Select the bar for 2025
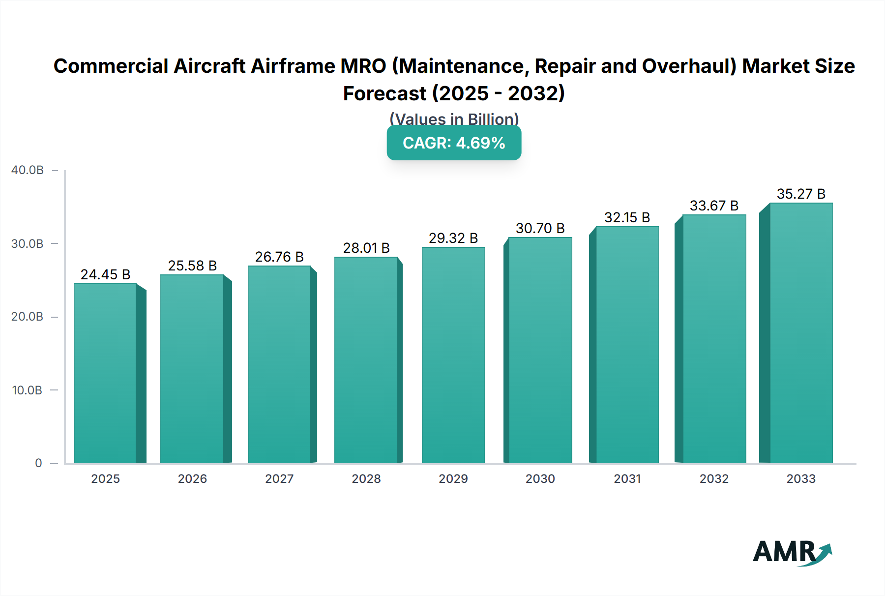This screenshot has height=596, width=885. click(105, 374)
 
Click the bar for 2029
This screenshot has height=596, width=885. click(453, 355)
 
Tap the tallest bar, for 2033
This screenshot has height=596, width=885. click(800, 333)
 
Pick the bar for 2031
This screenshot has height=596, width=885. click(627, 345)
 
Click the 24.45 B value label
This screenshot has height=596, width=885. click(105, 274)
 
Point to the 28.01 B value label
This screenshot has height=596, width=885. click(366, 248)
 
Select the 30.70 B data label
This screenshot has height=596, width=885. click(540, 228)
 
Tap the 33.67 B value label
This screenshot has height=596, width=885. click(714, 206)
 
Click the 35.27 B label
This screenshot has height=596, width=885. click(800, 194)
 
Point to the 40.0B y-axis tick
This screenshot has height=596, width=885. click(28, 170)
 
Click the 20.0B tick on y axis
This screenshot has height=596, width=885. click(28, 317)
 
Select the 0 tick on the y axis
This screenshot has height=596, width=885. click(38, 463)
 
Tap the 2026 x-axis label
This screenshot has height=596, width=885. click(192, 479)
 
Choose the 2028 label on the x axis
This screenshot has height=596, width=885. click(366, 479)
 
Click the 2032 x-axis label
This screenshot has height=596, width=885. click(714, 479)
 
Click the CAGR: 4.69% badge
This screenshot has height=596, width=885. click(454, 143)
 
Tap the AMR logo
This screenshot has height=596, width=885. click(792, 552)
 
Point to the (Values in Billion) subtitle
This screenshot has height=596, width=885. click(454, 119)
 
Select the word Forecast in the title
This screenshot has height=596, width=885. click(384, 93)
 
